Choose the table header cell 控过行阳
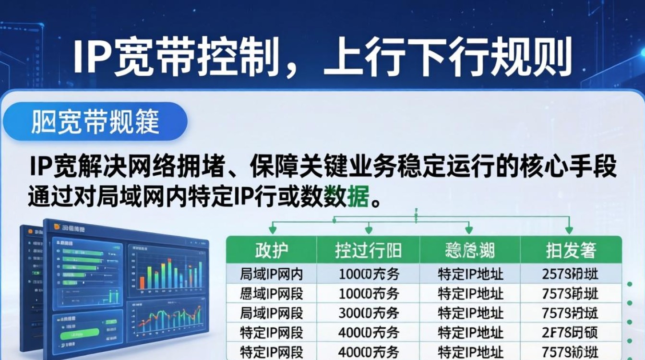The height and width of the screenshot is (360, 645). click(x=369, y=250)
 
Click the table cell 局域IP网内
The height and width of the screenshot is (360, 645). click(x=272, y=274)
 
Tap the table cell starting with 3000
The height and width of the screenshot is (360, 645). click(x=369, y=313)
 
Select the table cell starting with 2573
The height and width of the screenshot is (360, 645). click(x=571, y=274)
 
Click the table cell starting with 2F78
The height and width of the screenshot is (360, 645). click(x=571, y=332)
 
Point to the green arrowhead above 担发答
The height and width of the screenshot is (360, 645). click(x=569, y=230)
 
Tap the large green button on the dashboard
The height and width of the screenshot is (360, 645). click(x=82, y=333)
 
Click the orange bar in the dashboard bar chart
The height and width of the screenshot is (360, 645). click(x=142, y=282)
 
